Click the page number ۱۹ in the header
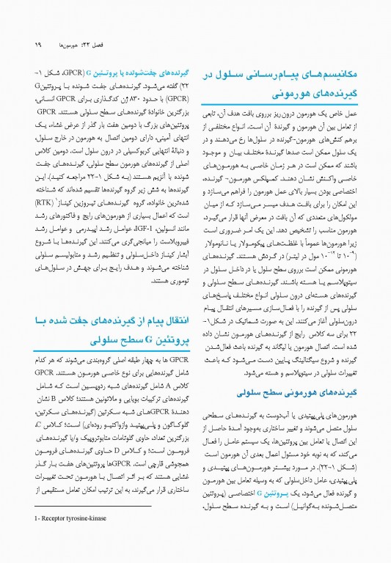click(x=17, y=45)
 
